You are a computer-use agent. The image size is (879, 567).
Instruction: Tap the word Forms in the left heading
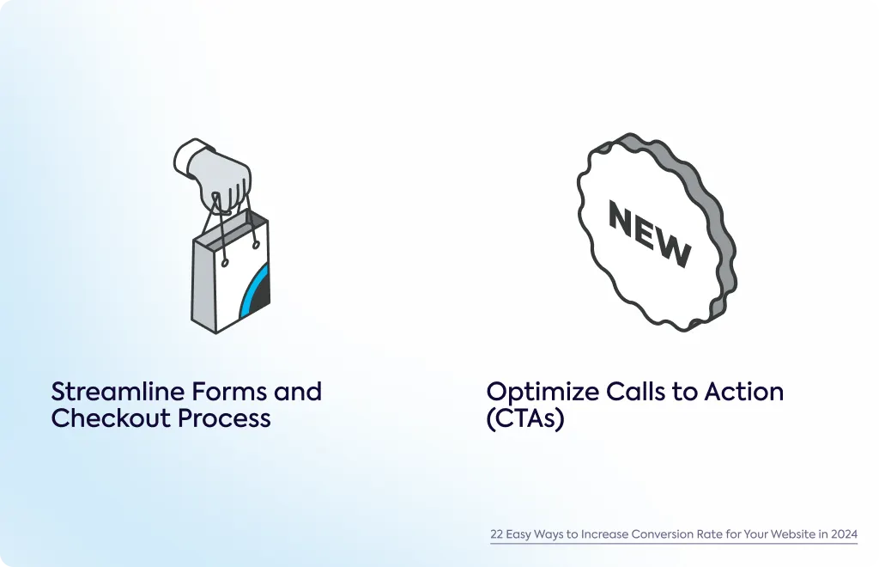coord(228,392)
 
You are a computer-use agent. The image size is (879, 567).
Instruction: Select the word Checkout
coord(111,418)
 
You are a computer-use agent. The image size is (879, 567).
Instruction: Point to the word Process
coord(224,418)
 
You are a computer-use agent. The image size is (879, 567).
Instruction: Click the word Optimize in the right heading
coord(543,392)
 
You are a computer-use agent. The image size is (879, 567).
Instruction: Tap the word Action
coord(744,392)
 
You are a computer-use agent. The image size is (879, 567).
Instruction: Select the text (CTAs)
coord(525,419)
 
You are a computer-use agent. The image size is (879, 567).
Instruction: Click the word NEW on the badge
coord(650,234)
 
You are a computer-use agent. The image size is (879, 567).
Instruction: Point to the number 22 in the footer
coord(497,533)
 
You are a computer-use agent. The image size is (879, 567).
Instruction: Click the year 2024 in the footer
coord(845,533)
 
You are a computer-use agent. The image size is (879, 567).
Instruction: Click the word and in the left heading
coord(298,392)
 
